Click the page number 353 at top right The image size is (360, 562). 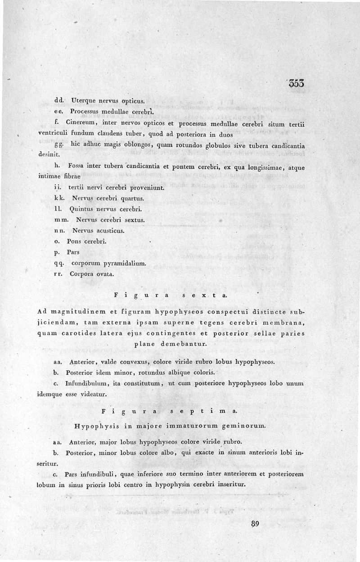coord(297,83)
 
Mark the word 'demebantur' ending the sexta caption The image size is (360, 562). coord(183,344)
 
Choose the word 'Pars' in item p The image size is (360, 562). coord(72,253)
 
